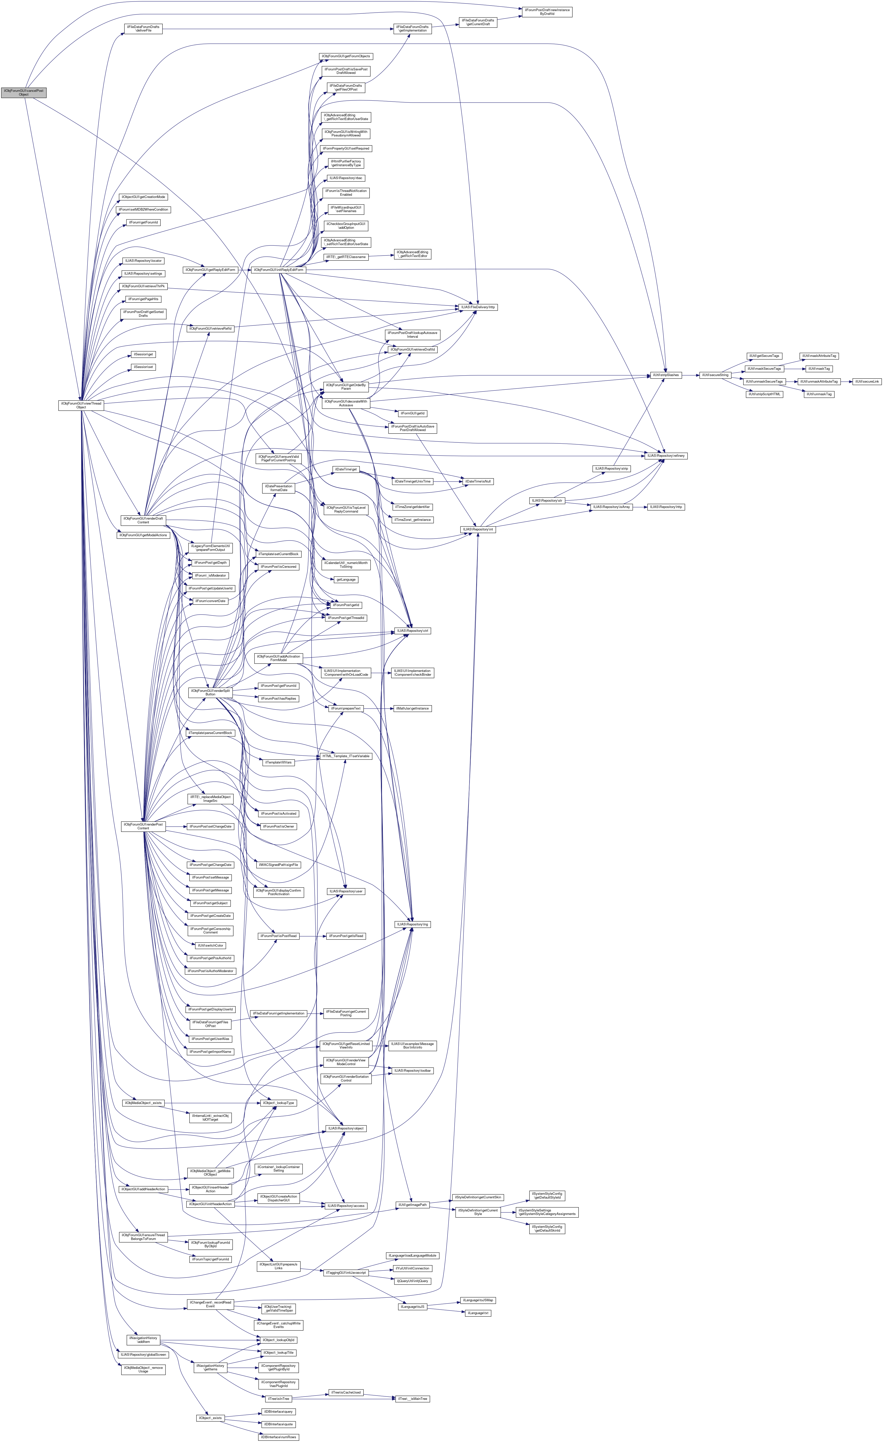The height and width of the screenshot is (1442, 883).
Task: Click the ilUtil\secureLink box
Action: click(867, 381)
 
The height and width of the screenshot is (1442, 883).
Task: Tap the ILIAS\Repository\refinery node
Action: click(666, 455)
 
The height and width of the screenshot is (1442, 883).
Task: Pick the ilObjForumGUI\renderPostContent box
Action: click(143, 826)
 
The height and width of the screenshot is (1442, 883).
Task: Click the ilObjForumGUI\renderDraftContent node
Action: click(143, 520)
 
